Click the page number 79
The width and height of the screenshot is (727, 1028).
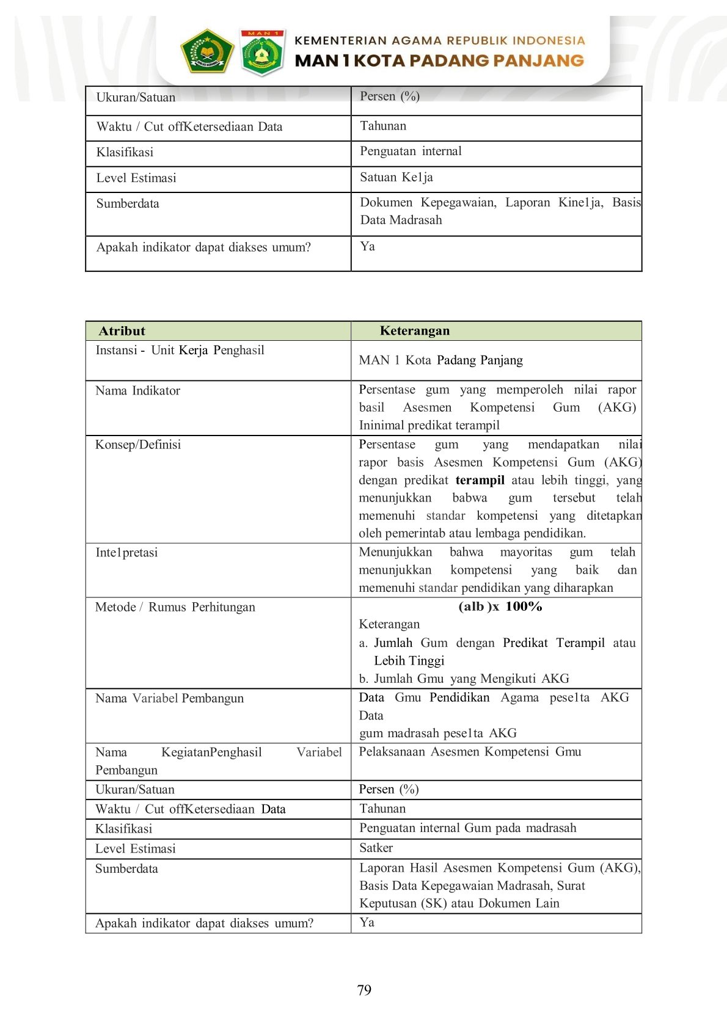364,990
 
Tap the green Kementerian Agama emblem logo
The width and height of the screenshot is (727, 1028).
207,51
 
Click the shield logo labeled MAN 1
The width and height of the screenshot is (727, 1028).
263,53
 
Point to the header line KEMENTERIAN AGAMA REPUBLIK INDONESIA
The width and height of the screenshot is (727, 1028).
439,41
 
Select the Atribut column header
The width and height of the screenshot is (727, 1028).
122,331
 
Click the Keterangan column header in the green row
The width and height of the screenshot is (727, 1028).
415,331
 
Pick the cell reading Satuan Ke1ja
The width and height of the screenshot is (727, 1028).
396,177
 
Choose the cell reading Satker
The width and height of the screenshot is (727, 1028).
376,848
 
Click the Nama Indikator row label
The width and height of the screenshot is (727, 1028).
138,391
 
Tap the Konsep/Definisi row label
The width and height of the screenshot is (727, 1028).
138,445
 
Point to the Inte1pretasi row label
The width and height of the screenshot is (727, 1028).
126,553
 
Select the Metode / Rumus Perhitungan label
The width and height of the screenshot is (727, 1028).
175,607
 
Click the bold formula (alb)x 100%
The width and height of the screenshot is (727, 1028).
500,607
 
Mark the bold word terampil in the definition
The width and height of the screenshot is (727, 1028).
480,480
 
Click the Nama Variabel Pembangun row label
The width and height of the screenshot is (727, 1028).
169,698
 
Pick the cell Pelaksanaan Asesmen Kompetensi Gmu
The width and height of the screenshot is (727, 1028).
470,752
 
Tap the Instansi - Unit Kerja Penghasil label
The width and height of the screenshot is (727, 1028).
180,351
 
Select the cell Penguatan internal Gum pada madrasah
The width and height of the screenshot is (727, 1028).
467,828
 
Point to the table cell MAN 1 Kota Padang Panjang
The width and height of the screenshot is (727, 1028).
441,360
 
